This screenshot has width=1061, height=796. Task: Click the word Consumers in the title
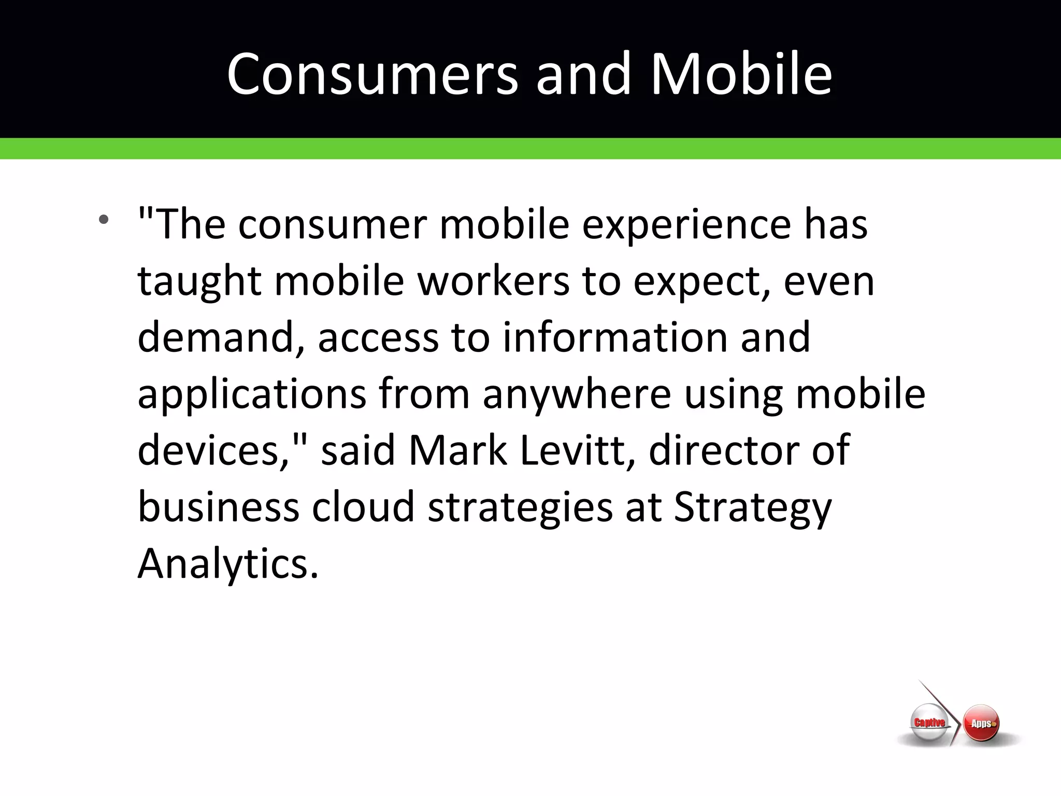pyautogui.click(x=372, y=74)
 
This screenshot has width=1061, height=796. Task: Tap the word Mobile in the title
pyautogui.click(x=741, y=74)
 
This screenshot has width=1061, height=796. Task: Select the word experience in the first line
pyautogui.click(x=687, y=225)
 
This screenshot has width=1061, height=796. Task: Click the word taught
pyautogui.click(x=199, y=282)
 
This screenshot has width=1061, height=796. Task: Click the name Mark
pyautogui.click(x=457, y=450)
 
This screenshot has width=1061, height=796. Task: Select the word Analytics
pyautogui.click(x=227, y=563)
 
